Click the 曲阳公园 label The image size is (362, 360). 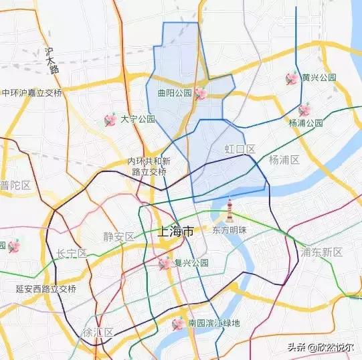coord(175,94)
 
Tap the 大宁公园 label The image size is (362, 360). coord(138,119)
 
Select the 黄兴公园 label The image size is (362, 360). coord(319,78)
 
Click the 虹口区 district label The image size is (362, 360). coord(240,149)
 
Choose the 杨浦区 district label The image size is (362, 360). coord(284,159)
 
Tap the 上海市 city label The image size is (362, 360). coord(175,232)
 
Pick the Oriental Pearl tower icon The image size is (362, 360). coord(230,209)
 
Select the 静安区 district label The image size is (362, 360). coord(119,236)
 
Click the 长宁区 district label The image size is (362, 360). coord(72,253)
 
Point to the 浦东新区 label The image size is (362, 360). coord(322,252)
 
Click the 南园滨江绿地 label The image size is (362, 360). coord(213,324)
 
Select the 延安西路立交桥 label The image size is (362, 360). coord(46,289)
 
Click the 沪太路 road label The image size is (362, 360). coord(52,60)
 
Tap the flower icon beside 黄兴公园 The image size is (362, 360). coord(292,78)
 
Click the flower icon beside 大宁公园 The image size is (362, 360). coord(110,120)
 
